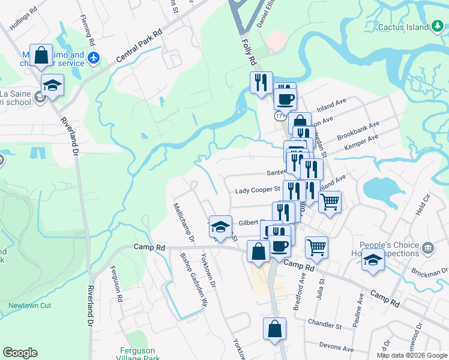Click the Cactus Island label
[403, 27]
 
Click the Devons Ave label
[337, 347]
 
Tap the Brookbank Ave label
[358, 129]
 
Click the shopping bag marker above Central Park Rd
[41, 56]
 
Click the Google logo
[20, 353]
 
